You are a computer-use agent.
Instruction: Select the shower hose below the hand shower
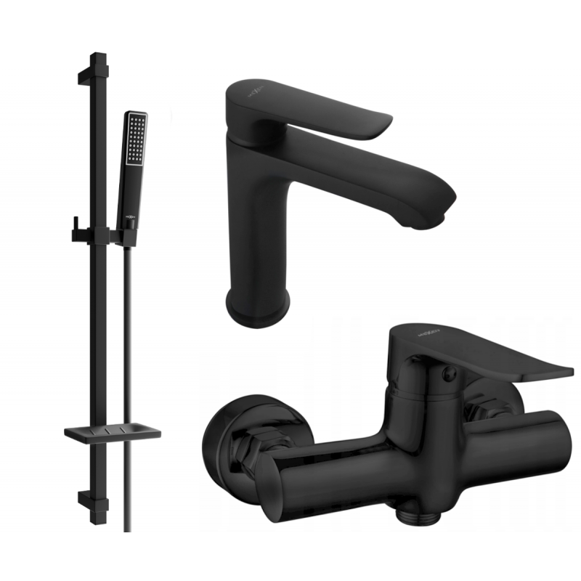tap(128, 363)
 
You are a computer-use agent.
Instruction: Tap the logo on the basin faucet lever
tap(268, 93)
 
